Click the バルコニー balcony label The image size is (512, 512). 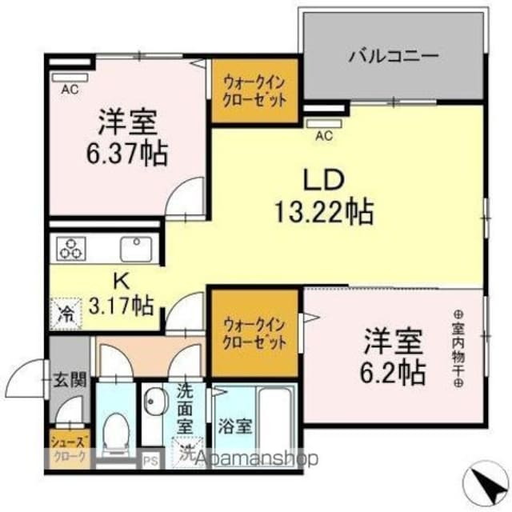click(393, 57)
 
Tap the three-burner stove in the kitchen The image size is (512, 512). click(70, 249)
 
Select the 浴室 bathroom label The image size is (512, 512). click(233, 426)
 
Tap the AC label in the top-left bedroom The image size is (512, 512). click(70, 90)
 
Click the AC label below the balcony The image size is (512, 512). click(323, 135)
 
